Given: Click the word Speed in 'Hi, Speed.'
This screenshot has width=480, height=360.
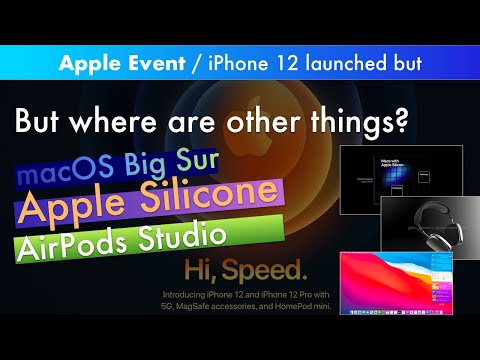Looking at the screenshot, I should point(271,271).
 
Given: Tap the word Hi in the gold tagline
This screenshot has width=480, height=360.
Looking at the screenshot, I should point(199,271).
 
